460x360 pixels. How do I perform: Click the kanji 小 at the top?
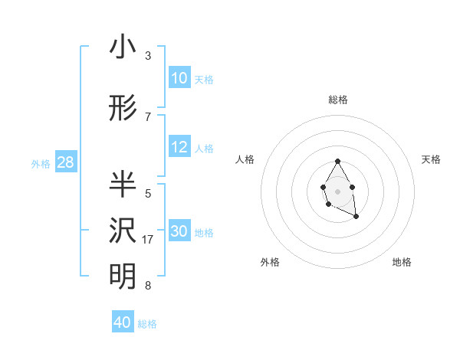pyautogui.click(x=123, y=47)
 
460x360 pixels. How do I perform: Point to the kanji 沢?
pyautogui.click(x=123, y=230)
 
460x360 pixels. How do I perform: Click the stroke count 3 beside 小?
pyautogui.click(x=148, y=56)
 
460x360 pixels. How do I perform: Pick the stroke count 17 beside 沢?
pyautogui.click(x=149, y=240)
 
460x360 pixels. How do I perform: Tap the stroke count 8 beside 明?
pyautogui.click(x=148, y=286)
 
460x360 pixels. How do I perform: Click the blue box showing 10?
pyautogui.click(x=179, y=78)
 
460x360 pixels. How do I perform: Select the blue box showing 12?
pyautogui.click(x=179, y=147)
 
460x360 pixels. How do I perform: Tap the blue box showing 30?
pyautogui.click(x=179, y=231)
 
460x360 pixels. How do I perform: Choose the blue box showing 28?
pyautogui.click(x=65, y=162)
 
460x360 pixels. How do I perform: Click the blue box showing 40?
pyautogui.click(x=123, y=322)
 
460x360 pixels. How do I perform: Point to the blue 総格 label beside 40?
pyautogui.click(x=147, y=324)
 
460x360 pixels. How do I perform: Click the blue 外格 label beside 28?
pyautogui.click(x=41, y=163)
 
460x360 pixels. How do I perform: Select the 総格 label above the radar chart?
pyautogui.click(x=337, y=100)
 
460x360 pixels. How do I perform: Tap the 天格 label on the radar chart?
pyautogui.click(x=431, y=159)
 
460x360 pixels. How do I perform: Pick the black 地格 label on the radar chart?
pyautogui.click(x=402, y=262)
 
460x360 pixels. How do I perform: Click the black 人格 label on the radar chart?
pyautogui.click(x=245, y=159)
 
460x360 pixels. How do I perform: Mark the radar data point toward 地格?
pyautogui.click(x=356, y=218)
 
